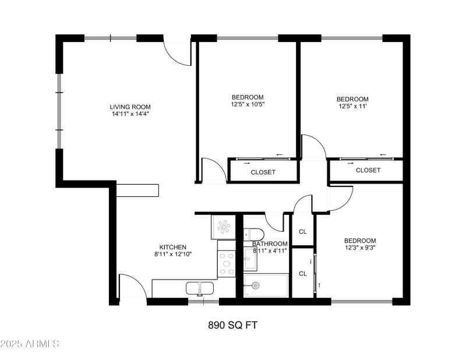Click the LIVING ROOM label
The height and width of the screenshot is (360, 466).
(x=130, y=107)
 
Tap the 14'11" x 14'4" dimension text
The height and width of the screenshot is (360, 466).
(x=130, y=115)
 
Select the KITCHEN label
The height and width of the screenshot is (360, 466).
(x=173, y=247)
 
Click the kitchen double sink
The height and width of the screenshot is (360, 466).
(x=199, y=288)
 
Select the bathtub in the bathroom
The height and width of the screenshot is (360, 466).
(x=266, y=285)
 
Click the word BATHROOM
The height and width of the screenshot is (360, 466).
(x=270, y=243)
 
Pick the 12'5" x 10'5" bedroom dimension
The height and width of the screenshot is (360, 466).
(x=248, y=105)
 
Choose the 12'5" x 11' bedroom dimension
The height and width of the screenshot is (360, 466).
(x=353, y=107)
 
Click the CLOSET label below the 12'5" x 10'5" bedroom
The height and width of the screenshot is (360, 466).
(x=263, y=172)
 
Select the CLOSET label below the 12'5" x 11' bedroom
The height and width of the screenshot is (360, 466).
(x=368, y=170)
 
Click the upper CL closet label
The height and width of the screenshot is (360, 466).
(x=303, y=231)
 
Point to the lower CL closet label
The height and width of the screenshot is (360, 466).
(x=303, y=273)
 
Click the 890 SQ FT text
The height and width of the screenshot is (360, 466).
(x=232, y=325)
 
